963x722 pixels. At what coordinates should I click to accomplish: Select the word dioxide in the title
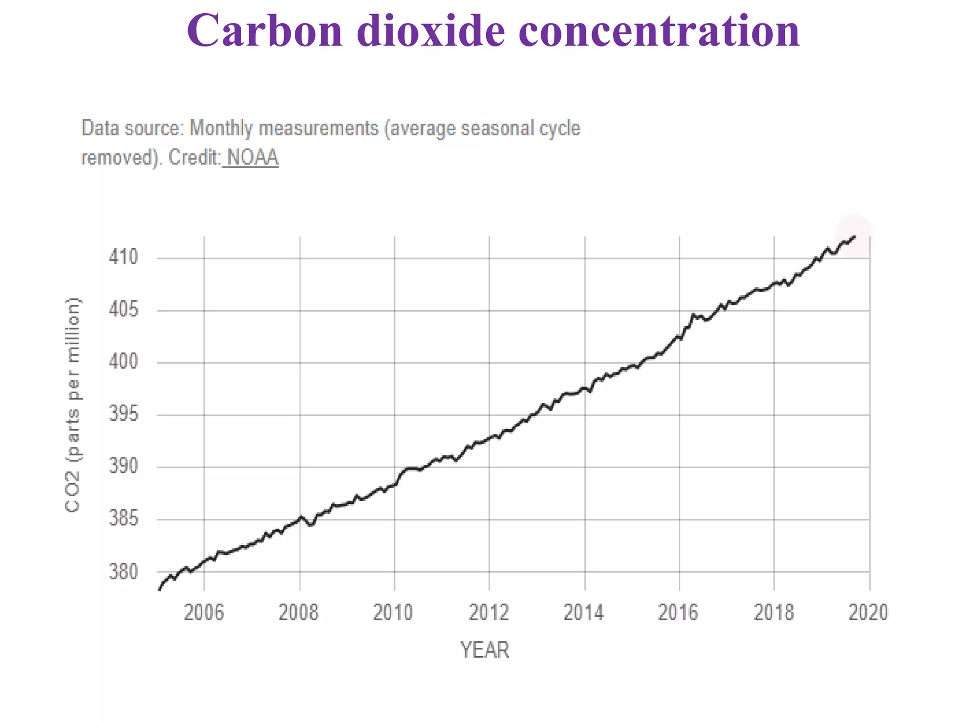click(x=430, y=31)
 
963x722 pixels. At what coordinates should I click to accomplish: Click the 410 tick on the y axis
click(x=124, y=258)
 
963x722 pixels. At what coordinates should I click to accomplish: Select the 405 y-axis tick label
click(x=124, y=310)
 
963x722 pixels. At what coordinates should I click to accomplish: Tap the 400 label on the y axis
click(x=124, y=362)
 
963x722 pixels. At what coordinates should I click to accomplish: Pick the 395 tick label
click(x=124, y=415)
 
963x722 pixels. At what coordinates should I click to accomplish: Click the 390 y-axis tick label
click(x=124, y=466)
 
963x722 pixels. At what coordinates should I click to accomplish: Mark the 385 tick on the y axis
click(x=124, y=519)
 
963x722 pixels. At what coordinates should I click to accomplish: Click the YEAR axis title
click(x=484, y=650)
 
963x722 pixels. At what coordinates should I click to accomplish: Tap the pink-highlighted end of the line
click(x=854, y=236)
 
